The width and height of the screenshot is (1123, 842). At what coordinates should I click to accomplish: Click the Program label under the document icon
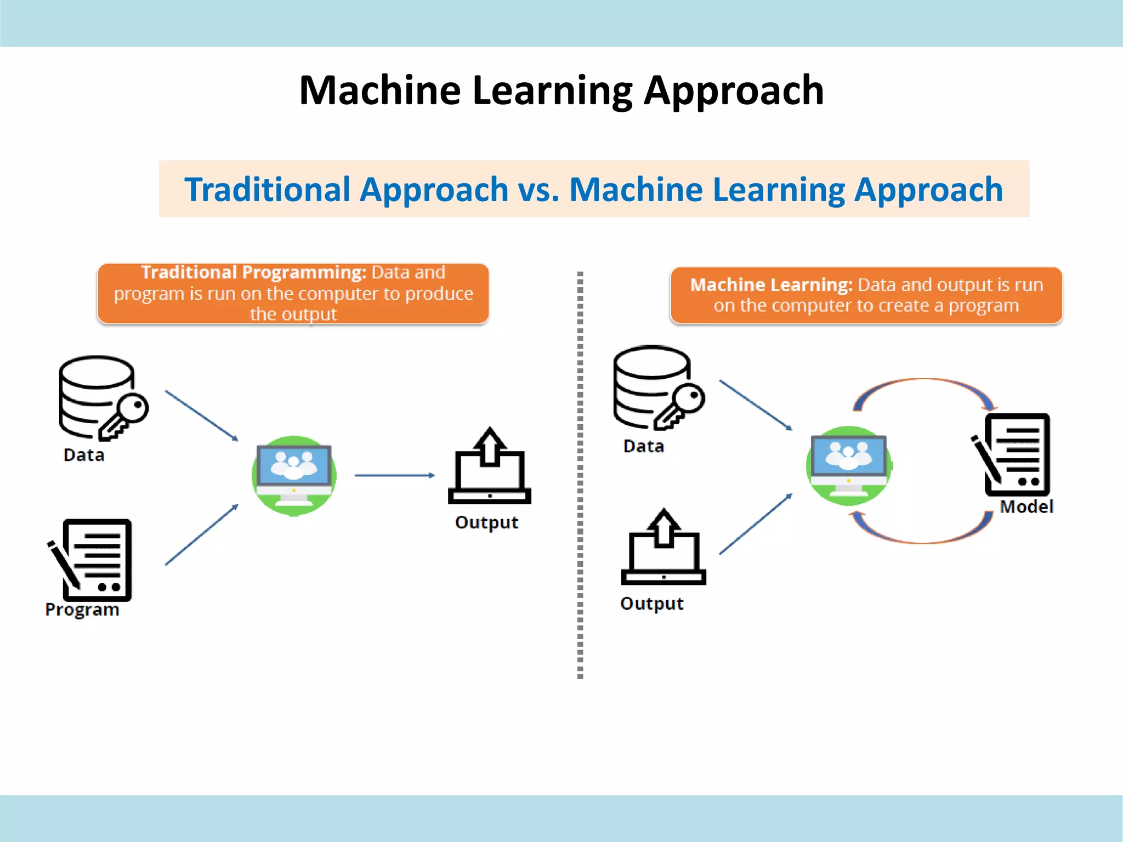click(82, 610)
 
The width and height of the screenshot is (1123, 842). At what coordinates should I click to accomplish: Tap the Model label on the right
click(1026, 507)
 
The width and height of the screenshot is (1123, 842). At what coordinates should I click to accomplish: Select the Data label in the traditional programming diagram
click(84, 455)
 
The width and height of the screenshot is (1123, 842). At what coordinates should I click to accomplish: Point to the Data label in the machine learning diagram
click(644, 446)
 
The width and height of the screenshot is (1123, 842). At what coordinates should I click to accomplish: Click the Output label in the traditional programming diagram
click(486, 522)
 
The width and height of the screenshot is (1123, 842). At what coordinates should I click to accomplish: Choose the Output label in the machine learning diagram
click(652, 604)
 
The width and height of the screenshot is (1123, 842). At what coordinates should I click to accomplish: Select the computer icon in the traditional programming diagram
click(294, 475)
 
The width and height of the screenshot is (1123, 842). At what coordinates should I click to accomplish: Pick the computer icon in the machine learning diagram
click(848, 466)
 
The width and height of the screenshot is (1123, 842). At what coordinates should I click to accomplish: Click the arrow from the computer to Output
click(395, 475)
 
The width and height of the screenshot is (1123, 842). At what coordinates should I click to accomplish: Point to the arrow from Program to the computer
click(202, 534)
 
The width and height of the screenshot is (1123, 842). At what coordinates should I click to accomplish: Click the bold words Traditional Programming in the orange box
click(253, 272)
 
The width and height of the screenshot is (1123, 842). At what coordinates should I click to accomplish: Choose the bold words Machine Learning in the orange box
click(771, 285)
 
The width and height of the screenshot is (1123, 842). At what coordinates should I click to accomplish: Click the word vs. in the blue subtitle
click(538, 190)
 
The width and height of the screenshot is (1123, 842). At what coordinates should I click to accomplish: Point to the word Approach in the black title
click(734, 90)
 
